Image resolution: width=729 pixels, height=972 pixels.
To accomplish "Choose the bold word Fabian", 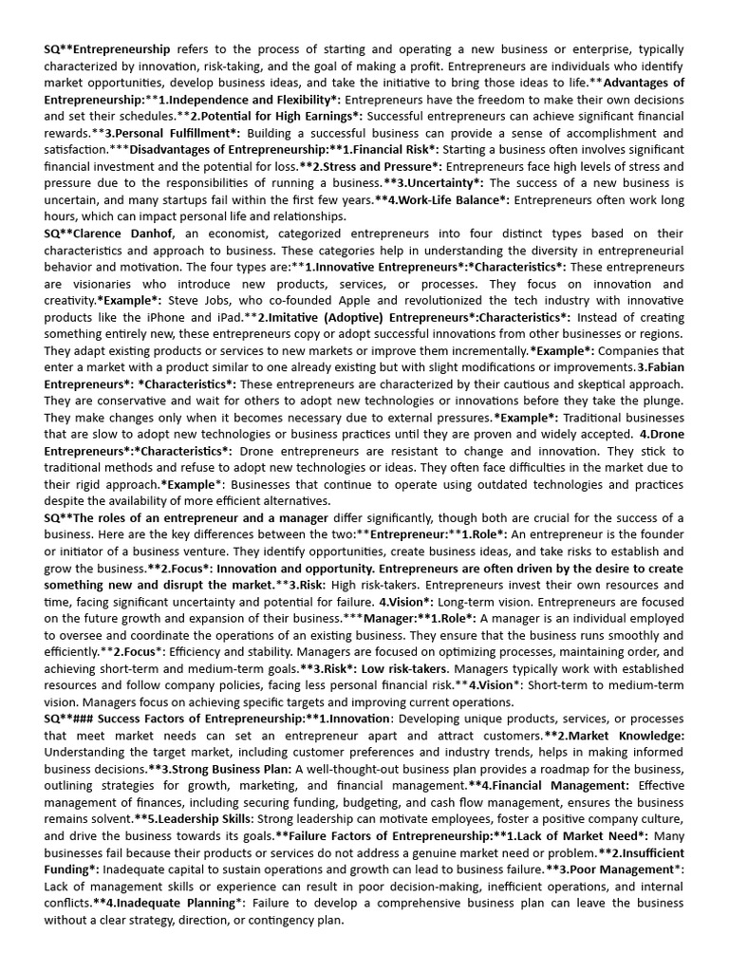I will click(660, 366).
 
